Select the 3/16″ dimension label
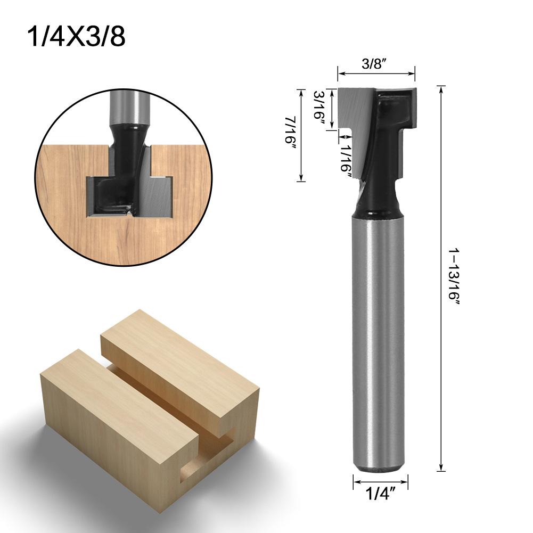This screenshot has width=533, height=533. tap(320, 107)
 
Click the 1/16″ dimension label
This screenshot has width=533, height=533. tap(347, 154)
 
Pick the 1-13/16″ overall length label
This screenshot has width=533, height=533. tap(454, 277)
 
